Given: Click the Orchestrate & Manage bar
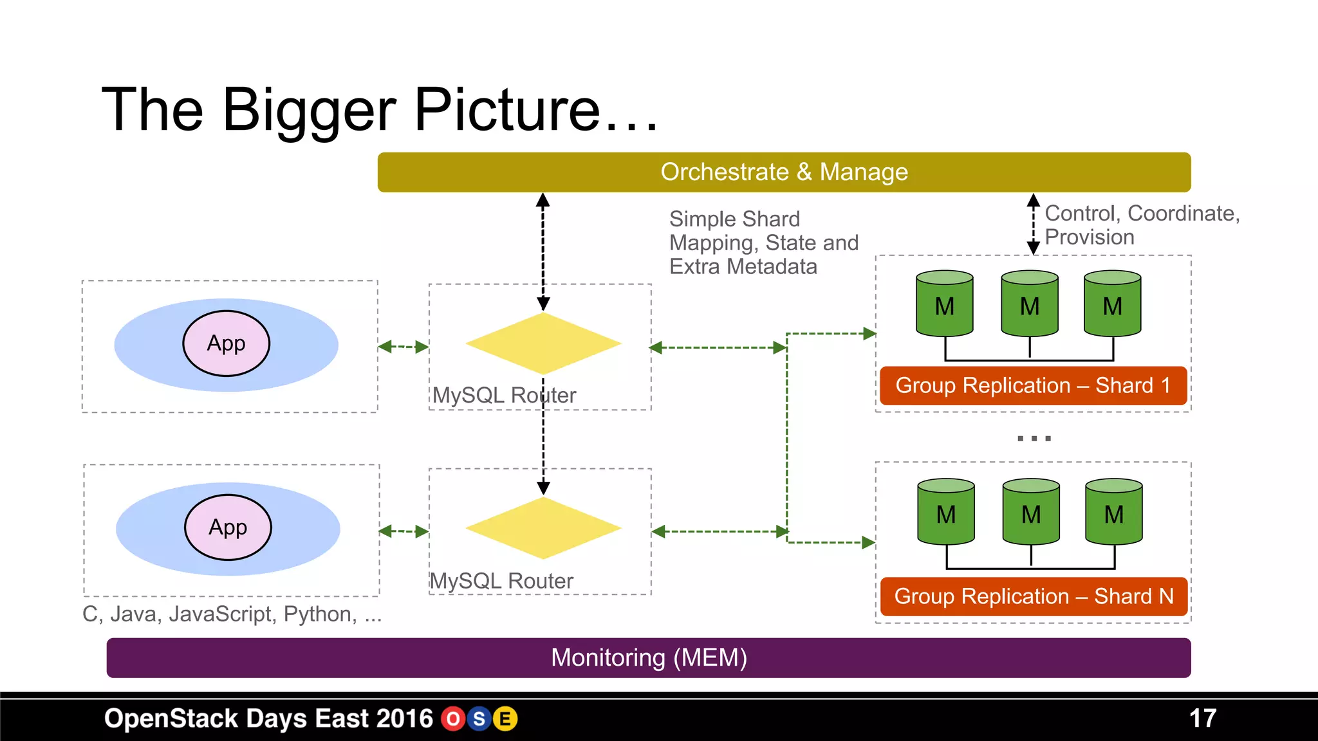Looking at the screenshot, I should click(x=784, y=172).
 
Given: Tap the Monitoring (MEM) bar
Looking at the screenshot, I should click(x=649, y=657).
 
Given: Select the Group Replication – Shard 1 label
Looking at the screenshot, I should click(x=1033, y=385).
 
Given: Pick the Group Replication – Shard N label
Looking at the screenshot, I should click(x=1034, y=596).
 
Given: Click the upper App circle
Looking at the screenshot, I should click(x=227, y=343).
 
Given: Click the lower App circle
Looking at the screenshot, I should click(x=228, y=527).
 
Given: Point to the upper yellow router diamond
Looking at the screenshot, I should click(x=543, y=343).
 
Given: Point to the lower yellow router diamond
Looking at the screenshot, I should click(x=543, y=528).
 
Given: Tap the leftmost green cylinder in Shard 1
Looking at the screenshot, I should click(x=944, y=304).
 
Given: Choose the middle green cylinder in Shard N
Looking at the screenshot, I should click(x=1031, y=512).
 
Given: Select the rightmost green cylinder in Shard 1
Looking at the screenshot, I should click(x=1113, y=304).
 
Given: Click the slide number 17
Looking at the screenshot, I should click(x=1202, y=718).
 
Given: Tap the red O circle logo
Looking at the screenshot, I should click(x=453, y=719).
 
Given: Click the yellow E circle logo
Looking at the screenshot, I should click(x=505, y=719).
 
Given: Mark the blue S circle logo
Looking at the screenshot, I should click(x=479, y=719).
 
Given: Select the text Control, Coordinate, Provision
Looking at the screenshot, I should click(x=1142, y=225).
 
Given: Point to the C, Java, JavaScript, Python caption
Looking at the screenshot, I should click(x=232, y=614).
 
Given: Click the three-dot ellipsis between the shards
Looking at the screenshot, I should click(x=1034, y=439).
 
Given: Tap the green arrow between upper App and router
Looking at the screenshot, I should click(x=404, y=347).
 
